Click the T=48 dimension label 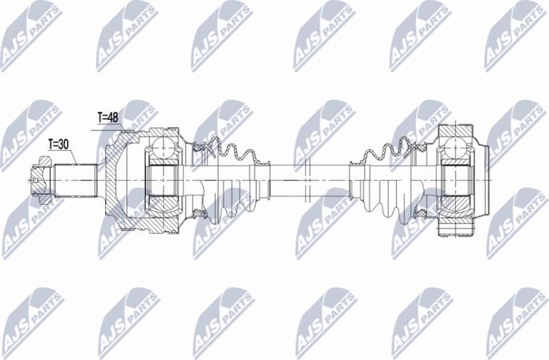click(107, 118)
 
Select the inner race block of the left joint click(164, 178)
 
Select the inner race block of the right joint click(457, 178)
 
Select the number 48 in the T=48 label click(112, 118)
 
